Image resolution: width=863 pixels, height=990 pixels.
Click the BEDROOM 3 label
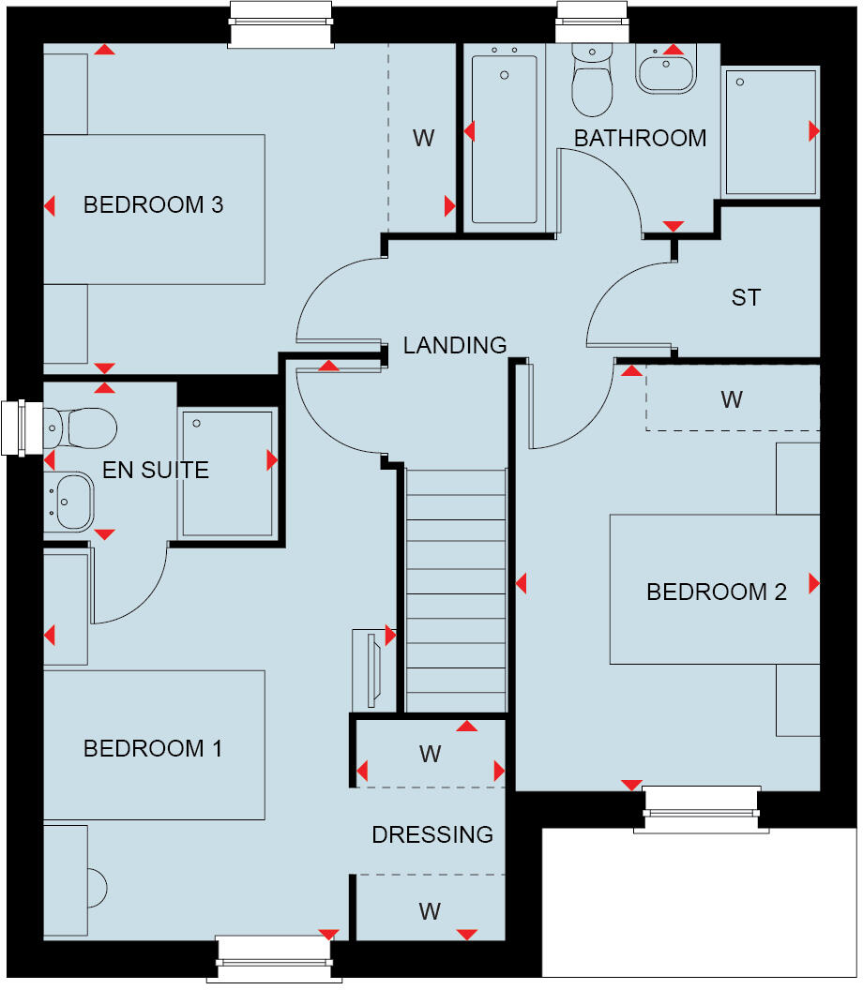coord(153,204)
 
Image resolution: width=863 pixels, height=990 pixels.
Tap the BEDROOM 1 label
coord(153,748)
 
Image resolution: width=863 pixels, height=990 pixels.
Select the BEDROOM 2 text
coord(716,592)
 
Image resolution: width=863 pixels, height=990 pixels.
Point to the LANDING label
coord(455,345)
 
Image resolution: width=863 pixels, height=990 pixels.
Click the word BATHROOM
coord(640,138)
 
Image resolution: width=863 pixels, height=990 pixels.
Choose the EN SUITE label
coord(156,470)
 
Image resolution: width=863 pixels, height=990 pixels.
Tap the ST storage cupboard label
coord(746,298)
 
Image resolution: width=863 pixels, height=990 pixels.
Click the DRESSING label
coord(432,834)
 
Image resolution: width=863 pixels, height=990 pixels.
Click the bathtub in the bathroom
coord(505,138)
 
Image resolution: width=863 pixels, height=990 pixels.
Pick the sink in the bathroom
coord(666,70)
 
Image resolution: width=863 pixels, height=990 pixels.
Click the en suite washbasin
coord(70,501)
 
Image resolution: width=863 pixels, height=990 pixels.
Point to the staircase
coord(457,591)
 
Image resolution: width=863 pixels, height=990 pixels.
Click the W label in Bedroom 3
coord(423,138)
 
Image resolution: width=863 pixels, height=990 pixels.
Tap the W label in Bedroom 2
coord(732,399)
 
